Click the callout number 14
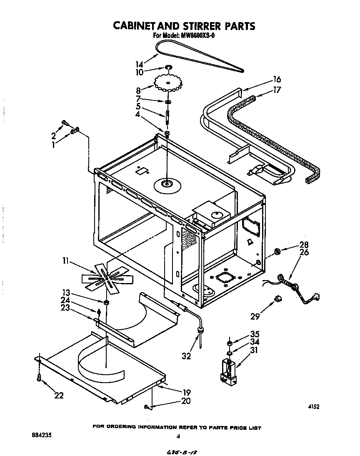click(x=139, y=64)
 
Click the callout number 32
click(x=186, y=356)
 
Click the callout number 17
click(x=277, y=89)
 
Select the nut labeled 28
click(x=277, y=251)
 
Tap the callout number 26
click(x=304, y=252)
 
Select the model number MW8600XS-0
click(x=197, y=36)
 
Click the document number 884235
click(x=42, y=436)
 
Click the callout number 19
click(x=186, y=392)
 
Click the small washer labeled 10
click(x=169, y=67)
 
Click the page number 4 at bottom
click(x=178, y=436)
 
